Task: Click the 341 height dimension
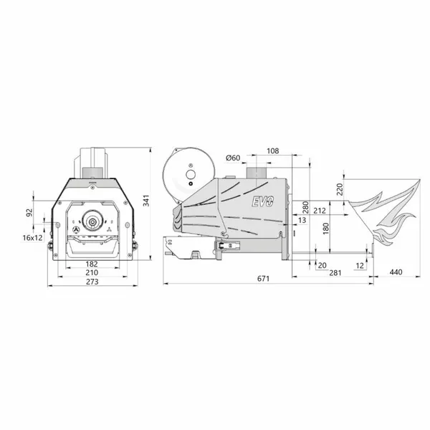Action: pyautogui.click(x=147, y=201)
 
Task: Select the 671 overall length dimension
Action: pyautogui.click(x=263, y=279)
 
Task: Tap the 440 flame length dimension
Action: pyautogui.click(x=396, y=272)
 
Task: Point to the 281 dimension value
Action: pyautogui.click(x=335, y=272)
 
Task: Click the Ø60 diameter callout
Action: pyautogui.click(x=233, y=158)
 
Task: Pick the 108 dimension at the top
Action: pyautogui.click(x=273, y=150)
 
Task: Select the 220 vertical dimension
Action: pyautogui.click(x=340, y=189)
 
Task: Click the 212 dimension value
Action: pyautogui.click(x=320, y=211)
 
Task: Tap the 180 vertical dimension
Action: pyautogui.click(x=326, y=229)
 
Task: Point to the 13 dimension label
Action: pyautogui.click(x=302, y=220)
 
